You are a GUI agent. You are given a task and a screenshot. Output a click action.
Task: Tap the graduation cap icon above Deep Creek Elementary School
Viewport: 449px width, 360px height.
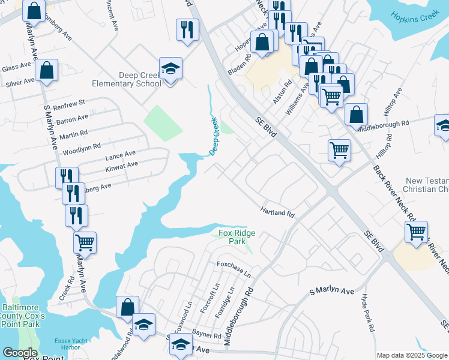pyautogui.click(x=170, y=68)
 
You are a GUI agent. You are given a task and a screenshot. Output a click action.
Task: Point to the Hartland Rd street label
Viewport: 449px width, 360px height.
pyautogui.click(x=277, y=212)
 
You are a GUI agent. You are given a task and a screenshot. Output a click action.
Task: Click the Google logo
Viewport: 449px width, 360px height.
pyautogui.click(x=20, y=353)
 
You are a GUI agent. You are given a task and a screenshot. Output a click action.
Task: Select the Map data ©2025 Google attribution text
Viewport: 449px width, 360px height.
pyautogui.click(x=411, y=355)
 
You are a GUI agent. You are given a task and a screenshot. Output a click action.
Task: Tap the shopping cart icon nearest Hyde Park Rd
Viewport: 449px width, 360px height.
pyautogui.click(x=416, y=231)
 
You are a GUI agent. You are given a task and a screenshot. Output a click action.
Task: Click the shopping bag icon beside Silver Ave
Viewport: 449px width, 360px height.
pyautogui.click(x=46, y=70)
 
